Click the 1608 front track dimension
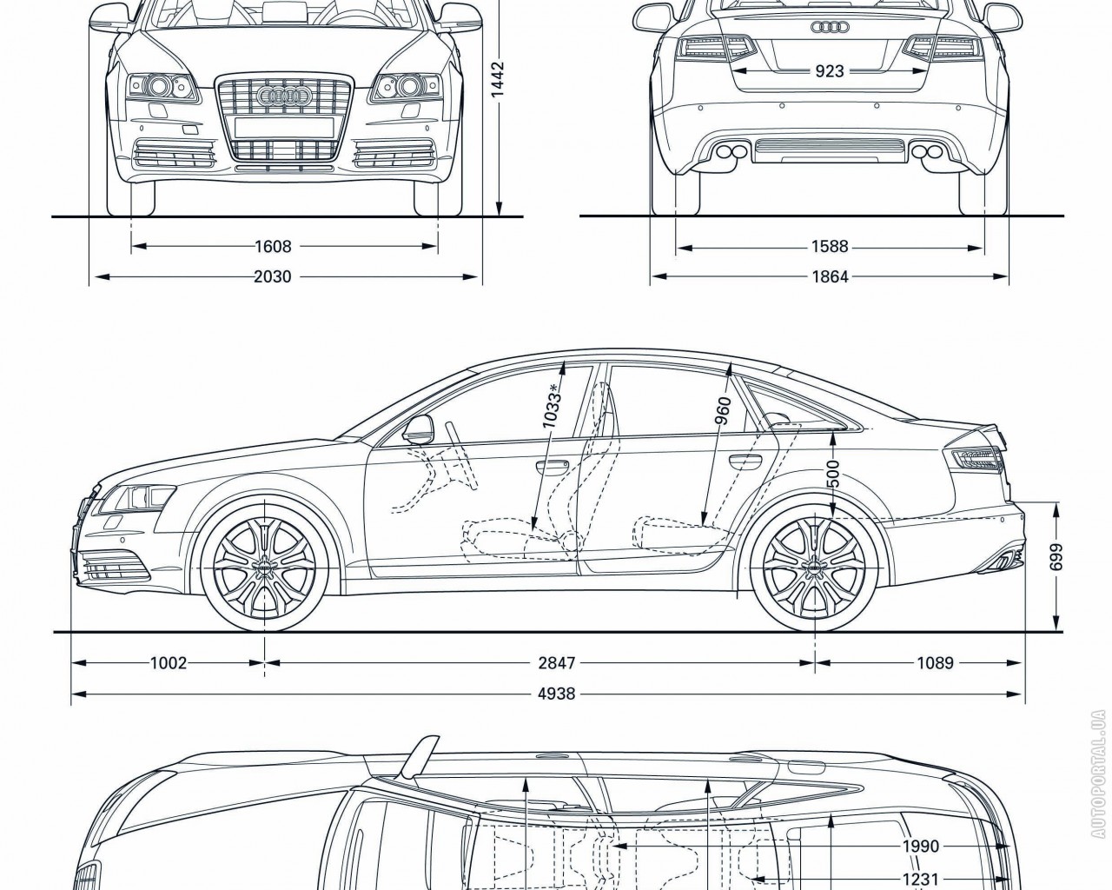(x=273, y=246)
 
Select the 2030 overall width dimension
(x=273, y=277)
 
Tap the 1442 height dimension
(x=498, y=83)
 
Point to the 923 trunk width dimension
(x=830, y=71)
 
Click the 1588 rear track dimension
(x=830, y=247)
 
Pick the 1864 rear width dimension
(x=830, y=277)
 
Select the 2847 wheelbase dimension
(x=557, y=663)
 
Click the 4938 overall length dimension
(x=557, y=694)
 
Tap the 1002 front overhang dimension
(x=169, y=663)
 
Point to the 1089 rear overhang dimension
(x=935, y=663)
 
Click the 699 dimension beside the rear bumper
(x=1056, y=562)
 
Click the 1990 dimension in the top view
(x=922, y=847)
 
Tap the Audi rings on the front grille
(x=284, y=97)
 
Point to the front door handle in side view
(x=550, y=468)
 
